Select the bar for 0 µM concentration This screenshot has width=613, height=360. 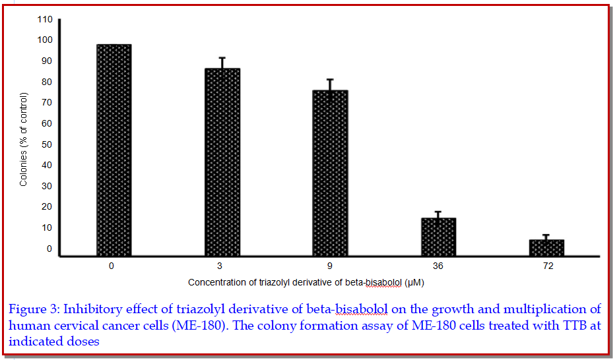point(113,150)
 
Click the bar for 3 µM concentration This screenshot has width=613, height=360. point(222,162)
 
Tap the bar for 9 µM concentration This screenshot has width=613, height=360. point(330,173)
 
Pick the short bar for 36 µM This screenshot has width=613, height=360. point(438,237)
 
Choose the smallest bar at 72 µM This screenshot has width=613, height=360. point(546,247)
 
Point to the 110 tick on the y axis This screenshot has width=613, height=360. point(44,19)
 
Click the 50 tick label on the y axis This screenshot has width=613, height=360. point(46,144)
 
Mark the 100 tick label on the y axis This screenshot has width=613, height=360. point(44,40)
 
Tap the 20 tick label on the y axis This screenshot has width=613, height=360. point(46,207)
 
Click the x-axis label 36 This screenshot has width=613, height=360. point(438,267)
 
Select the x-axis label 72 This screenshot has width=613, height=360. point(546,267)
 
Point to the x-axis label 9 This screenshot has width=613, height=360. point(330,267)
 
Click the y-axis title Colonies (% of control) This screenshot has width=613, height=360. point(24,139)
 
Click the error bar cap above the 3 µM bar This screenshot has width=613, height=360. point(222,58)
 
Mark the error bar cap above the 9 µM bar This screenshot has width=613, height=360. point(330,80)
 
